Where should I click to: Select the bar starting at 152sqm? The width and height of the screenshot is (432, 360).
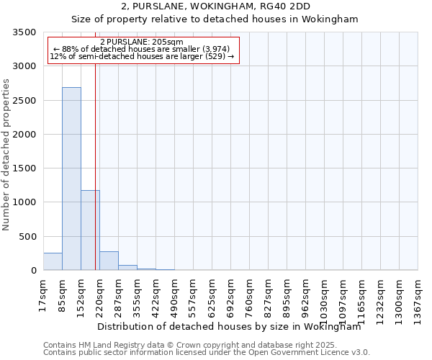pos(90,230)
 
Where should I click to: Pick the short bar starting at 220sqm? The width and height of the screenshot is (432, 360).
pos(109,261)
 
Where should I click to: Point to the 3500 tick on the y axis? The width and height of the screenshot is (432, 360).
pos(26,33)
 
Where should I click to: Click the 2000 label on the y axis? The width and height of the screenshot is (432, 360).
pos(26,135)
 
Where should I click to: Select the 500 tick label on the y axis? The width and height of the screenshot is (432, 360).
pos(29,237)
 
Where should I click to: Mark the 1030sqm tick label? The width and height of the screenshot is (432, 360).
pos(325,296)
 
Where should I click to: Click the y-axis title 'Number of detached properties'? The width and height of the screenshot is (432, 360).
pos(7,155)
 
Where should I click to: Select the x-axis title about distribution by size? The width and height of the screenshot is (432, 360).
pos(229,326)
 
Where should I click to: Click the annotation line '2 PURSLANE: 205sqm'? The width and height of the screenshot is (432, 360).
pos(142,42)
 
